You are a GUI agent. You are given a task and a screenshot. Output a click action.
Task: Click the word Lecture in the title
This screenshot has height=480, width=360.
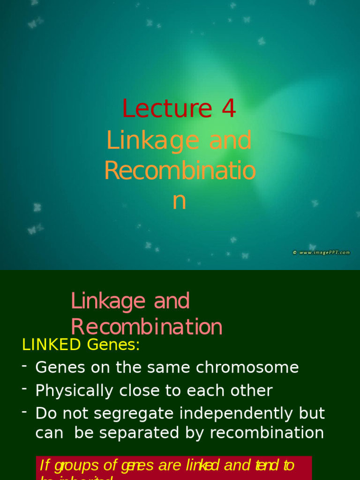tap(167, 109)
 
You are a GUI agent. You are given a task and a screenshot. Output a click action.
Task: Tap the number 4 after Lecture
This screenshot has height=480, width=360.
tap(228, 109)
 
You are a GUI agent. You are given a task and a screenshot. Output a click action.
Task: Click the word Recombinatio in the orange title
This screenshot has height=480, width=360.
tap(180, 171)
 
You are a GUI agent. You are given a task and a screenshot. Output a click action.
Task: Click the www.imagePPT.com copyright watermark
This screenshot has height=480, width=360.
tap(322, 252)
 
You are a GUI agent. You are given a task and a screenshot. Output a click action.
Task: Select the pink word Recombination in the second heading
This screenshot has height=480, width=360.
tap(147, 327)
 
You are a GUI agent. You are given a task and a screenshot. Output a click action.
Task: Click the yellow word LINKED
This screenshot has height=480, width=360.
tap(52, 345)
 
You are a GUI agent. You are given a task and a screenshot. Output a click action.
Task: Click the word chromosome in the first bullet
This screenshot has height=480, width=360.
tap(247, 367)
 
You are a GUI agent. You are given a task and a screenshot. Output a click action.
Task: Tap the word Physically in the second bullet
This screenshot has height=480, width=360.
tap(74, 390)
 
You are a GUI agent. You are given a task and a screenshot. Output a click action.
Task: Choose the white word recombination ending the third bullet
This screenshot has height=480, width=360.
tap(267, 433)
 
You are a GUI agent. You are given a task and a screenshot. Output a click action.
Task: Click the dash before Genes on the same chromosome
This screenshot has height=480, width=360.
tap(24, 366)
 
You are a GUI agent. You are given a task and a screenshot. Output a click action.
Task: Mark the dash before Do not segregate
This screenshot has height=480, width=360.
tap(24, 412)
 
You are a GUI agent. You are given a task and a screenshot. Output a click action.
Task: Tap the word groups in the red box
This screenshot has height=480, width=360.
tap(77, 465)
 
